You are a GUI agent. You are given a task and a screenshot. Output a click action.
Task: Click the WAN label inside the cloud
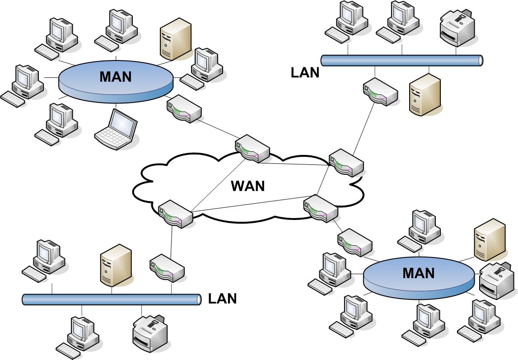[247, 186]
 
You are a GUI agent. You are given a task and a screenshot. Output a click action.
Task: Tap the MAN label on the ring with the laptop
[116, 76]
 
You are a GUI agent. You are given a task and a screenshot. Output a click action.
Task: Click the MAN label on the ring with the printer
[418, 273]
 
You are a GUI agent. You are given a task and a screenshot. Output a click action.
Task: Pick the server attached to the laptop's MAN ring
[175, 39]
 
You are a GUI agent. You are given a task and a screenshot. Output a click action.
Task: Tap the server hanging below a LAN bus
[424, 96]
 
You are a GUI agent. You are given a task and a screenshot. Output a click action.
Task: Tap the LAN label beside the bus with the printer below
[222, 299]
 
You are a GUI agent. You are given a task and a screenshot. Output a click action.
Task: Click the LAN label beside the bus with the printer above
[305, 72]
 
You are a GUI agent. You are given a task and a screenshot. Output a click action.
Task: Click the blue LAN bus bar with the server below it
[401, 60]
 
